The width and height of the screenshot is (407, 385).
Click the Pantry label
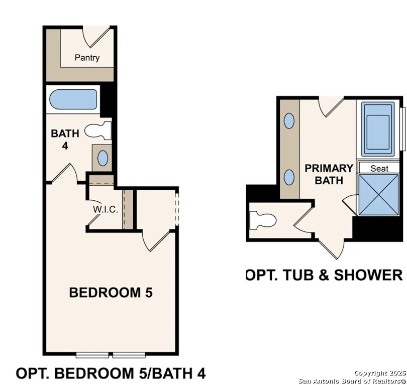click(87, 58)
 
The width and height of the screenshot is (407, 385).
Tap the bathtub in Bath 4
click(74, 100)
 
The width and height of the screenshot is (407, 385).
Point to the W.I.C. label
click(106, 209)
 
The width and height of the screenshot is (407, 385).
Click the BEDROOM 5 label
click(111, 292)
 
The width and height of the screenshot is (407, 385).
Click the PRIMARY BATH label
click(329, 174)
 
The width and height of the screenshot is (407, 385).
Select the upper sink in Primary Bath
click(289, 120)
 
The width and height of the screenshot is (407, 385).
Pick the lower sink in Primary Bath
click(289, 177)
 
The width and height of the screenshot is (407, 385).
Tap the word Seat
click(379, 169)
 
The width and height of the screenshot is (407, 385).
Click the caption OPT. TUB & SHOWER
click(324, 275)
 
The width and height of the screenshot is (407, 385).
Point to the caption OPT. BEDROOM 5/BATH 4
click(111, 374)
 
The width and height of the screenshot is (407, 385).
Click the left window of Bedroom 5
click(92, 355)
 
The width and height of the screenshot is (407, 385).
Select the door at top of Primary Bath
click(331, 105)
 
